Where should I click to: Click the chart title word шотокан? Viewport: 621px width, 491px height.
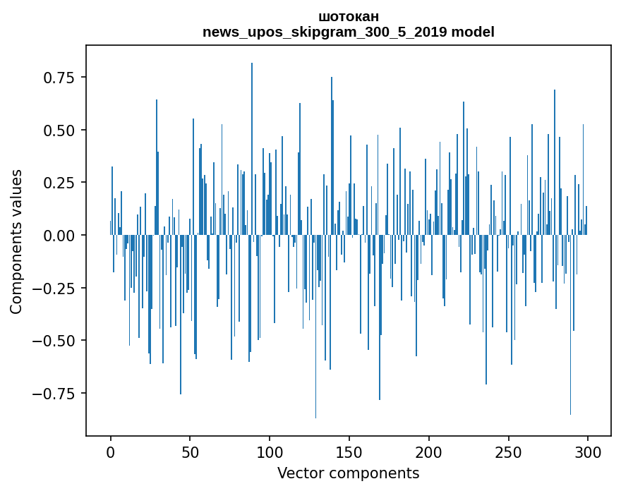348,16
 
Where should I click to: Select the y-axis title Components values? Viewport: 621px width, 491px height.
16,241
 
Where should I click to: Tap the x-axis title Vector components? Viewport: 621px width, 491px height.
348,473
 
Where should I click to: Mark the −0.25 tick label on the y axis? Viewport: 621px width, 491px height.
59,288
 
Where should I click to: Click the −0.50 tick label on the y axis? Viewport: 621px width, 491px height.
59,341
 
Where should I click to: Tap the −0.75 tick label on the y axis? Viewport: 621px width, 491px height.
59,394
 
